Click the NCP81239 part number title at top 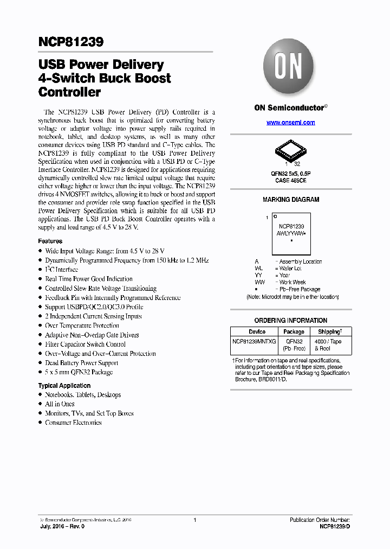[x=71, y=42]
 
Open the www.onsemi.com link [x=290, y=123]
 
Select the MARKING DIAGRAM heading [x=291, y=200]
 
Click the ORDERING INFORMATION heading [x=291, y=321]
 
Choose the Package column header [x=294, y=331]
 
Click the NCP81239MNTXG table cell [x=255, y=342]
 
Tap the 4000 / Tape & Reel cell [x=328, y=345]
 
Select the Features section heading [x=50, y=241]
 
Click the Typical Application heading [x=64, y=386]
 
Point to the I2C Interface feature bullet [x=62, y=270]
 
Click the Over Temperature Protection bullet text [x=82, y=325]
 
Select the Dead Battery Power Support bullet [x=81, y=363]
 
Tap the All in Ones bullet [x=60, y=404]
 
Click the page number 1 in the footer [x=194, y=520]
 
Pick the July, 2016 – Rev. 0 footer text [x=62, y=526]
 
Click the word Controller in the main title [x=70, y=92]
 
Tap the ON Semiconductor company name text [x=289, y=108]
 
